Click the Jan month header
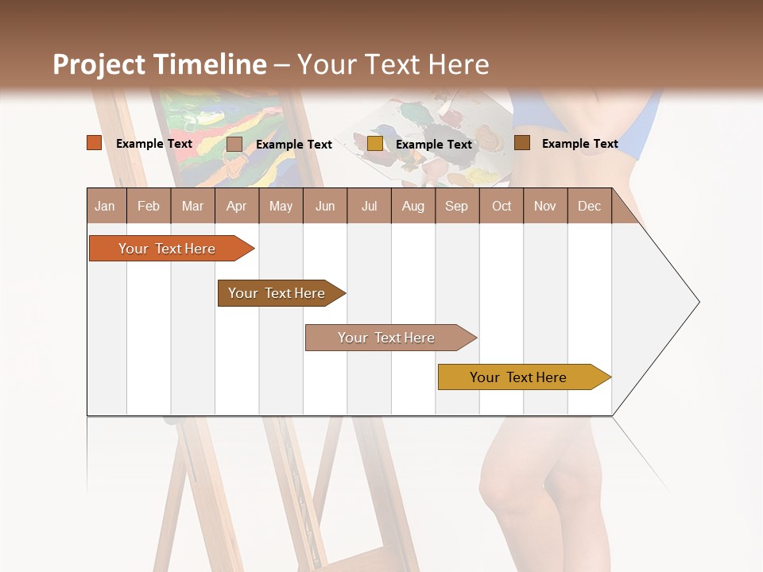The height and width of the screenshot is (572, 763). [x=106, y=206]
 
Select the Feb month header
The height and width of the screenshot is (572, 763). [x=149, y=206]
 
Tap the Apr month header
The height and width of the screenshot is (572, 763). [x=236, y=206]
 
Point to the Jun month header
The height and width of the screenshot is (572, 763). [x=325, y=206]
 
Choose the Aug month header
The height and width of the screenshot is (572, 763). [x=413, y=206]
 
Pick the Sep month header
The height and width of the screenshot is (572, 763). [x=457, y=206]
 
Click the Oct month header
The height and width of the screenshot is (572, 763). [x=502, y=206]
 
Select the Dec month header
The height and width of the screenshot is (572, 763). [x=590, y=206]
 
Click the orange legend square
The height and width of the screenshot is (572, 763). [x=95, y=143]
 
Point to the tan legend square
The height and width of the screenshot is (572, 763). [x=234, y=144]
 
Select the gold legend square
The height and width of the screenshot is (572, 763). [x=375, y=144]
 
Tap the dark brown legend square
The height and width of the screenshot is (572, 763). [x=522, y=143]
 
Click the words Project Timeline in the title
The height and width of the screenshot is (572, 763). [x=160, y=64]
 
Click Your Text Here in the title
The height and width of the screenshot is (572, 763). [x=393, y=64]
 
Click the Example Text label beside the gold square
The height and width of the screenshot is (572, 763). [x=434, y=145]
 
